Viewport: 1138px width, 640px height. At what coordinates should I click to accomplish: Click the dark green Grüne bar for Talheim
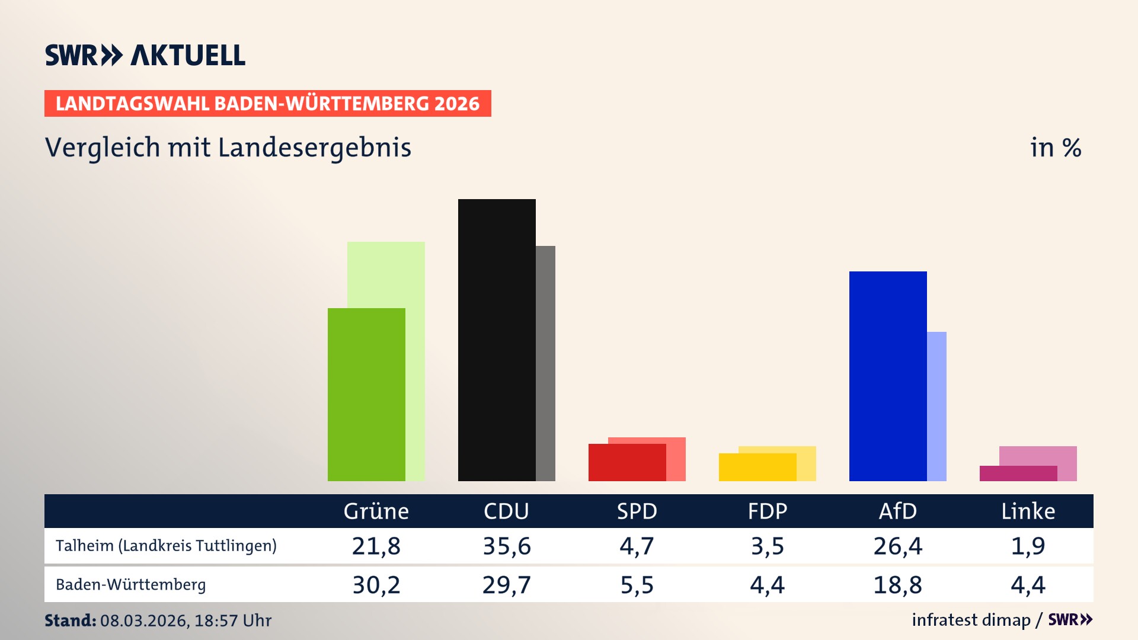coord(366,394)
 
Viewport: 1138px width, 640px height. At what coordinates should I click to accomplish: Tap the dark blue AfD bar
coord(887,376)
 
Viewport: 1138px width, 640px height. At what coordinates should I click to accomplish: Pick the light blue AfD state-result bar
coord(937,406)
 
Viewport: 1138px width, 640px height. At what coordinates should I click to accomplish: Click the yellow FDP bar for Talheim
coord(757,467)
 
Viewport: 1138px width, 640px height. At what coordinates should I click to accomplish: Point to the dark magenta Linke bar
coord(1018,473)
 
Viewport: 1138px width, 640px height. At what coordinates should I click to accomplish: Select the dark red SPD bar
coord(626,462)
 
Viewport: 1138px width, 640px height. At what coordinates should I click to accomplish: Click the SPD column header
coord(637,511)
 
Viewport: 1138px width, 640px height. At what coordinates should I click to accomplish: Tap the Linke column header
coord(1028,511)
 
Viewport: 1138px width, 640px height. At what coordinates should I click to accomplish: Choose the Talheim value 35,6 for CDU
coord(507,546)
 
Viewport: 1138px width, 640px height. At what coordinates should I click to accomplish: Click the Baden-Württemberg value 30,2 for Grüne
coord(376,585)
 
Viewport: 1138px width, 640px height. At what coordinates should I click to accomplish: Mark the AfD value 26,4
coord(897,546)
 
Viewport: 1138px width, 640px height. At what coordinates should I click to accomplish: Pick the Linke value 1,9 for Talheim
coord(1028,546)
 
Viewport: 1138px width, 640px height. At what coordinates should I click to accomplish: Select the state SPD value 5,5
coord(637,585)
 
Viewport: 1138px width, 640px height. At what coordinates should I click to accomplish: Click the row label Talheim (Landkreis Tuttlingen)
coord(166,546)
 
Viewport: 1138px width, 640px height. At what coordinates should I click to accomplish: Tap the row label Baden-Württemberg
coord(131,585)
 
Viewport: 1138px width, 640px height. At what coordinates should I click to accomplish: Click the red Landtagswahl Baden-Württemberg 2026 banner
coord(267,103)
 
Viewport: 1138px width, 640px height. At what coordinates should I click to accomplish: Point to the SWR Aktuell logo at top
coord(145,55)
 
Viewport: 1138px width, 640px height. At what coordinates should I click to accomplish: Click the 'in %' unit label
coord(1055,148)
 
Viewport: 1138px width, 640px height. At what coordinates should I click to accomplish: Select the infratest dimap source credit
coord(971,620)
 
